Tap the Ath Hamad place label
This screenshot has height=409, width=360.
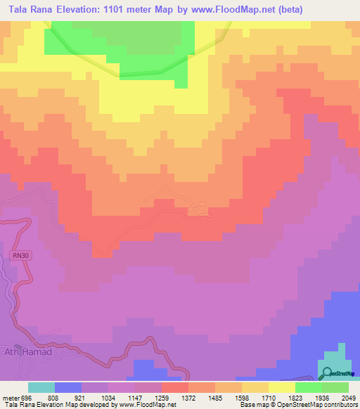tap(29, 352)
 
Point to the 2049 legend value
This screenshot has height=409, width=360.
tap(349, 397)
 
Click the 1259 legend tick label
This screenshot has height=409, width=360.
tap(162, 397)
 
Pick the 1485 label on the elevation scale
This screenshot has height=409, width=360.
tap(215, 397)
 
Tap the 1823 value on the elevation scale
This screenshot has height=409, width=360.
tap(295, 397)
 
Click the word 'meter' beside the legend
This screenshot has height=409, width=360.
tap(10, 397)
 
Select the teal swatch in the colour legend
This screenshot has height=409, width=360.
tap(41, 387)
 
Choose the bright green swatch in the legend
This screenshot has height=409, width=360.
tap(309, 387)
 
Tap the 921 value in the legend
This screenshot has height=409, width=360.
tap(82, 397)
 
